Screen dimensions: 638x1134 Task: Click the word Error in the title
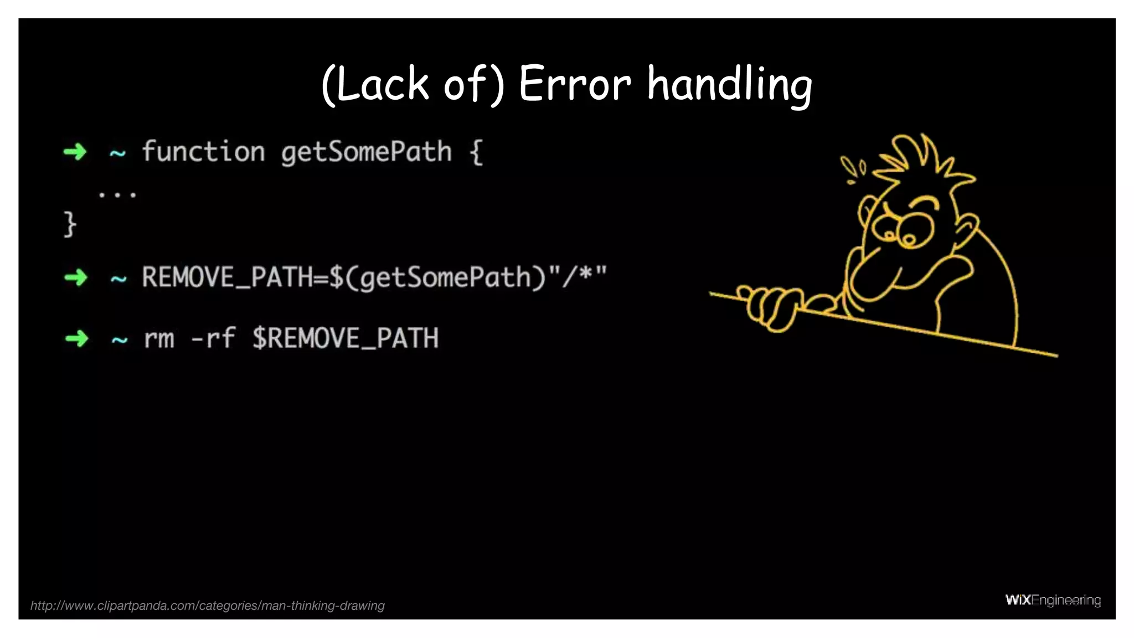(574, 84)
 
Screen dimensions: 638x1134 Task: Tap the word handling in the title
(729, 84)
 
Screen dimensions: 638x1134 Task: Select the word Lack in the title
(382, 84)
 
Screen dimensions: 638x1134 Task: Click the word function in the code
(203, 151)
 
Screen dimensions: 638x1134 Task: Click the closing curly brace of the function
(69, 224)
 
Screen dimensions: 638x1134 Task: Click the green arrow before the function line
(75, 152)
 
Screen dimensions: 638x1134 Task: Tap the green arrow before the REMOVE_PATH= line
(76, 277)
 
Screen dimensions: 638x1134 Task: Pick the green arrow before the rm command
(76, 338)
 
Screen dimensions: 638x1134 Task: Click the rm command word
(159, 338)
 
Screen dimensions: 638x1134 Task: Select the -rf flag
(213, 338)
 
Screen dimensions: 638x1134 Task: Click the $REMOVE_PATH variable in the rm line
(346, 338)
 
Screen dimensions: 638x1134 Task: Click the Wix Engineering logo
(1053, 600)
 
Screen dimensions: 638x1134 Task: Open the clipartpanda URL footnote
(207, 605)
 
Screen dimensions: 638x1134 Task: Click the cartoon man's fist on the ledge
(770, 308)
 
